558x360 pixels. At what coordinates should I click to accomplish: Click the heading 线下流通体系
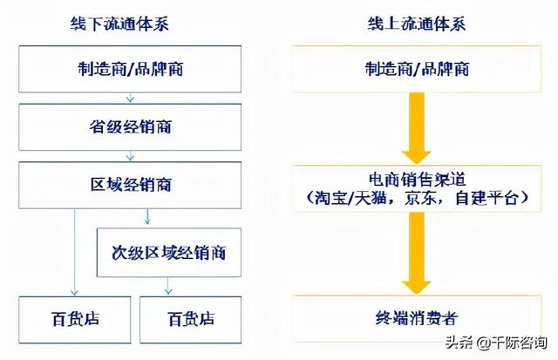pos(119,24)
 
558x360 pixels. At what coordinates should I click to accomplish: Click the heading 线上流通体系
pos(417,24)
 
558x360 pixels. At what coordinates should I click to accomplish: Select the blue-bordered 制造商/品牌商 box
pos(130,69)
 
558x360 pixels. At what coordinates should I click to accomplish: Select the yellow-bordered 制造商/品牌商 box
pos(417,69)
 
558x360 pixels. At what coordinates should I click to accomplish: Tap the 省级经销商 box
pos(130,127)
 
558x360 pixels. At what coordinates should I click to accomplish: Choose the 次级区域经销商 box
pos(169,253)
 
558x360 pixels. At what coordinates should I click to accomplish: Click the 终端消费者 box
pos(417,318)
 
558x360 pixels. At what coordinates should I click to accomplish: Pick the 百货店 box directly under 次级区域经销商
pos(190,319)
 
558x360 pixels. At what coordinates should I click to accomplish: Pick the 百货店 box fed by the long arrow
pos(75,319)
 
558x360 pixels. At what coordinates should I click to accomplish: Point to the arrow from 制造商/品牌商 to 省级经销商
pos(130,98)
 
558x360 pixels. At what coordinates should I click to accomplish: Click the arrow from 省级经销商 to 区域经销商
pos(130,156)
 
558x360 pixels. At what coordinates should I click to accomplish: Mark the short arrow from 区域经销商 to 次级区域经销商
pos(147,217)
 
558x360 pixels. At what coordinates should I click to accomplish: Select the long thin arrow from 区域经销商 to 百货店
pos(74,253)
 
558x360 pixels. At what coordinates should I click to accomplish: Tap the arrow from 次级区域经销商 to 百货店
pos(168,286)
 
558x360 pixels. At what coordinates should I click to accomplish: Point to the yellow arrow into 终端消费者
pos(417,254)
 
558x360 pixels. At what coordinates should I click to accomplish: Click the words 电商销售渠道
pos(417,180)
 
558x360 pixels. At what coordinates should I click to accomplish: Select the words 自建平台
pos(487,198)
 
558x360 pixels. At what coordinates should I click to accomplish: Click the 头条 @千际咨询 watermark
pos(496,343)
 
